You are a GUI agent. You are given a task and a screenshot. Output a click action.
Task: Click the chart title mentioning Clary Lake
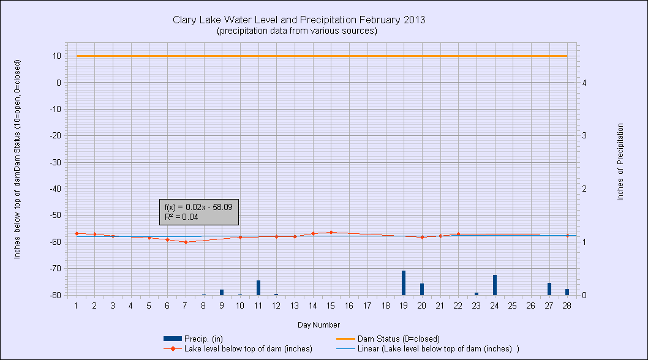(x=299, y=20)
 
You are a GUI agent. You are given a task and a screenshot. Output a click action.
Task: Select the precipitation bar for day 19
(x=404, y=282)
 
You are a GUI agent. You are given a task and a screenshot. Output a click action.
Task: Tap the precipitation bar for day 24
(x=494, y=285)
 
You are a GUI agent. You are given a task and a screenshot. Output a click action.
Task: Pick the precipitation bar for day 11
(x=258, y=287)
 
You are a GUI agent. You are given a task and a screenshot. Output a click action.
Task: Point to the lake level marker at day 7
(x=186, y=242)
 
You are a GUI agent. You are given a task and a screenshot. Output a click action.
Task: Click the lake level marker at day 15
(x=331, y=232)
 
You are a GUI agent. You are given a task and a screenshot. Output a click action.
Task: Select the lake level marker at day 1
(x=77, y=233)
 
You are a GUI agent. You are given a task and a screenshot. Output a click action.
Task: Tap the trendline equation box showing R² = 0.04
(x=198, y=212)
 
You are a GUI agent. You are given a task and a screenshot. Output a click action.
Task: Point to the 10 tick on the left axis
(x=56, y=56)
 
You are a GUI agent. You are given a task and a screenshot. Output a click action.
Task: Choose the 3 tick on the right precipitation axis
(x=585, y=135)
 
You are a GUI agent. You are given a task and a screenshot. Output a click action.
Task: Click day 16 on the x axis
(x=349, y=305)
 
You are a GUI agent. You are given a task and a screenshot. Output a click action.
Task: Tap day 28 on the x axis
(x=567, y=305)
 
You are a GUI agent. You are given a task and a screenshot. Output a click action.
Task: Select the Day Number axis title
(x=318, y=324)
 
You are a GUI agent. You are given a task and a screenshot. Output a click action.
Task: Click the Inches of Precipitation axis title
(x=620, y=162)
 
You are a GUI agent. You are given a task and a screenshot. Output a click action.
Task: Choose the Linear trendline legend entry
(x=438, y=348)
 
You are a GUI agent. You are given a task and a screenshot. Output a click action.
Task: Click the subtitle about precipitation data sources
(x=296, y=31)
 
